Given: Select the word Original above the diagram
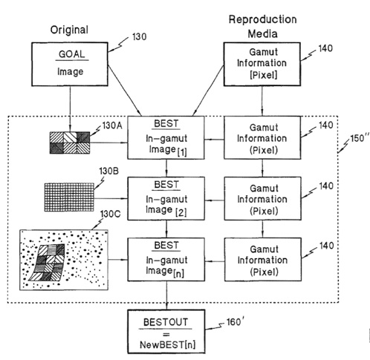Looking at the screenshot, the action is tap(69, 30).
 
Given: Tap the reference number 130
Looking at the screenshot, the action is tap(140, 36).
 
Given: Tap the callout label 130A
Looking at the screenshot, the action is tap(112, 125).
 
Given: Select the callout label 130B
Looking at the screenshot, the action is tap(108, 171).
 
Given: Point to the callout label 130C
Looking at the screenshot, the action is tap(110, 214).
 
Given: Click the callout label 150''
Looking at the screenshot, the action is tap(360, 138).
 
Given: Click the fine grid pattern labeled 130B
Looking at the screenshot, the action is tap(69, 197).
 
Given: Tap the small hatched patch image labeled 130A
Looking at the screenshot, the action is tap(70, 143).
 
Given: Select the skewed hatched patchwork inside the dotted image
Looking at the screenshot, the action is tap(47, 263).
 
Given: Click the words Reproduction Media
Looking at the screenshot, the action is tap(262, 27).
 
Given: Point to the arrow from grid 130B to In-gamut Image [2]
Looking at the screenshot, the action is tap(111, 198).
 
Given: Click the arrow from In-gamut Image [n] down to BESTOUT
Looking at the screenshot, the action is tap(166, 295).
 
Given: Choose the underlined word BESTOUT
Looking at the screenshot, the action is tap(166, 322).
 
